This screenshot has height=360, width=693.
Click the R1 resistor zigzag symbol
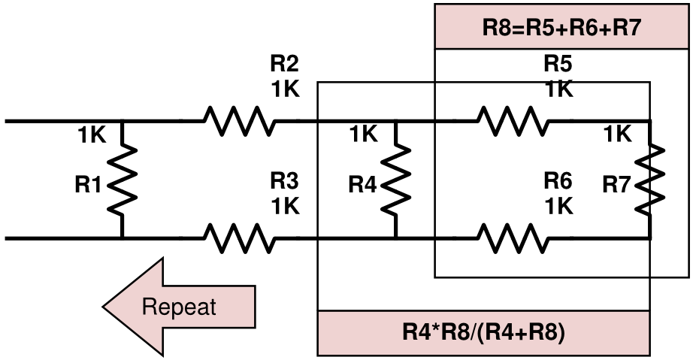tap(122, 179)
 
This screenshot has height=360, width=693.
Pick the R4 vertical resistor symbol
tap(395, 179)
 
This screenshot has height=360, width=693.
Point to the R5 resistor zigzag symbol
tap(510, 120)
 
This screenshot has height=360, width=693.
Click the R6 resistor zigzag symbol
tap(510, 238)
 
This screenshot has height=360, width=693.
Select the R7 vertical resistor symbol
tap(650, 179)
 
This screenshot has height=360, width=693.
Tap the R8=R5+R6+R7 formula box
tap(561, 29)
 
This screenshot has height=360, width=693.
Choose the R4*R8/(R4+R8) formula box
tap(483, 332)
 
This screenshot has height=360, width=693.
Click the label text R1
tap(88, 185)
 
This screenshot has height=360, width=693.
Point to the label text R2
tap(286, 63)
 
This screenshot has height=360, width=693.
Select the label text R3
tap(286, 181)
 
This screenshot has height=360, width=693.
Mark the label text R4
tap(363, 185)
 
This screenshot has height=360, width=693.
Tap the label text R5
tap(558, 63)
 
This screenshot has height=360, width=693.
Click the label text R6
tap(558, 181)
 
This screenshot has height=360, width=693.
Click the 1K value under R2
tap(286, 89)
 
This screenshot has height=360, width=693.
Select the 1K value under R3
tap(286, 206)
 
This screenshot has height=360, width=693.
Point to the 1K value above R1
tap(92, 135)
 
